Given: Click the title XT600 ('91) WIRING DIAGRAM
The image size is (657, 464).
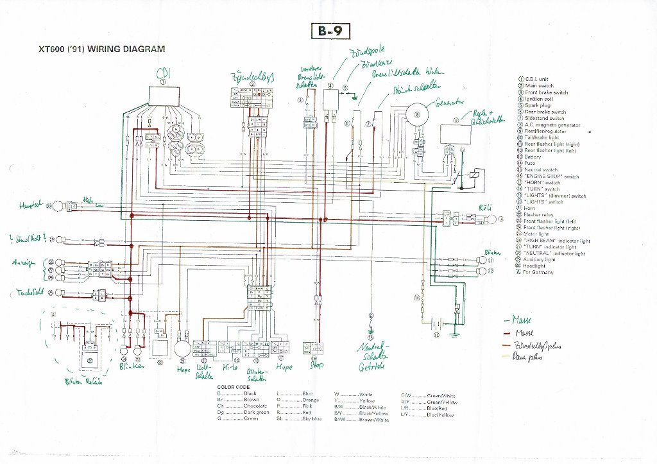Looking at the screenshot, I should tap(102, 49).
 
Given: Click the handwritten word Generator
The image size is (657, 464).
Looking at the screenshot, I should tap(449, 103).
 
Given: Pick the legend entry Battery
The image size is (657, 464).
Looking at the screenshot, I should tap(533, 157).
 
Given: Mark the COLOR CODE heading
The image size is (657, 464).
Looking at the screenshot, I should tap(233, 388).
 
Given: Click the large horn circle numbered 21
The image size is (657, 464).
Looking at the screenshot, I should tap(182, 349).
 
